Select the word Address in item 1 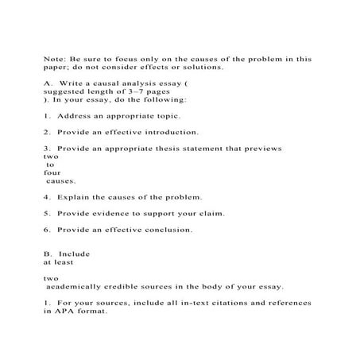[78, 116]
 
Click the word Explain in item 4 [76, 196]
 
